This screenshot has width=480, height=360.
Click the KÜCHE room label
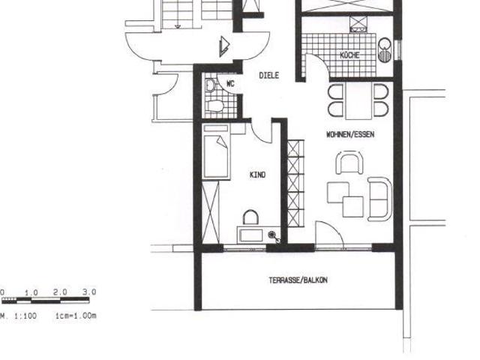(349, 55)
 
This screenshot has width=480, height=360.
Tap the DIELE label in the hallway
(269, 75)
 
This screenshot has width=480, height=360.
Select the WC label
(230, 83)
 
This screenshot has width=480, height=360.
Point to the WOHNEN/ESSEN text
(350, 134)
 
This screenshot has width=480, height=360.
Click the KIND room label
(258, 175)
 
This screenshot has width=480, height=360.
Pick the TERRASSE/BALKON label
(298, 280)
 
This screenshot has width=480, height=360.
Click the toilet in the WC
(215, 106)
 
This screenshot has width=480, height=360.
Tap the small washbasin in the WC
(210, 85)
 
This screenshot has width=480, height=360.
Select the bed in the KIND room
(216, 151)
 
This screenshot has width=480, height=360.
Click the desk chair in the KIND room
(250, 217)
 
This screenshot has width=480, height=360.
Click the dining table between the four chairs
(358, 101)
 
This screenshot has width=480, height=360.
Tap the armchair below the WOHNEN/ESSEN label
(349, 163)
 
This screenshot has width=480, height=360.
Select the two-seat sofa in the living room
(380, 199)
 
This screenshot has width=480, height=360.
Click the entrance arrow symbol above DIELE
(224, 46)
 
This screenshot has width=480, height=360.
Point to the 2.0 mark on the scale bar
(60, 292)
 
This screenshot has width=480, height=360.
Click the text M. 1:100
(18, 316)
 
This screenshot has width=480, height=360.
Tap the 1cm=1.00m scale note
(76, 316)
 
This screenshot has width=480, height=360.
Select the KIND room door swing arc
(260, 134)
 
